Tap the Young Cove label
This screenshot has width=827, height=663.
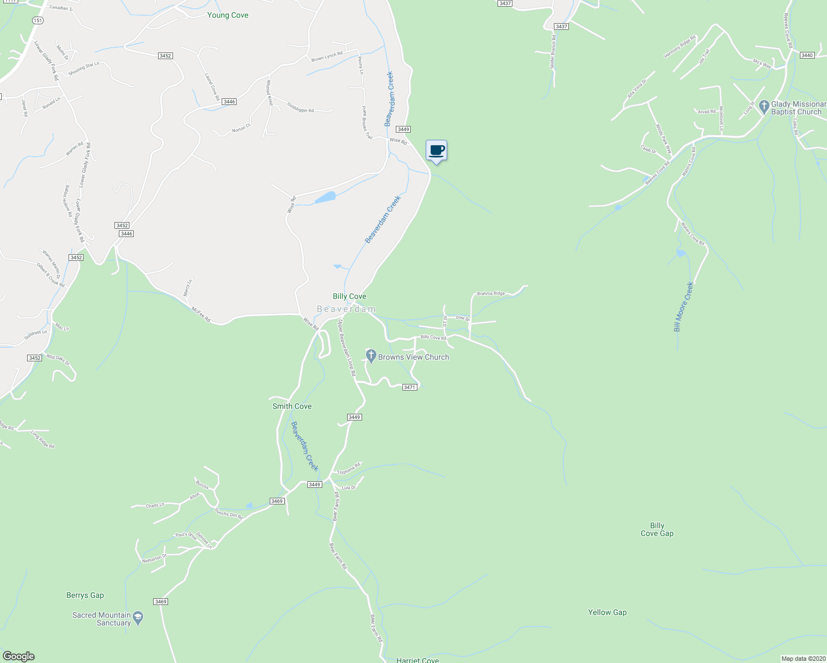[227, 15]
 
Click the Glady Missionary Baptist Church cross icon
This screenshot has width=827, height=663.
[764, 106]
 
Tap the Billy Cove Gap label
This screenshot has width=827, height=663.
[657, 529]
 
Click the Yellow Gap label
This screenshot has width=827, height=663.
[607, 612]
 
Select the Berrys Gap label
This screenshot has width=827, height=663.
[85, 595]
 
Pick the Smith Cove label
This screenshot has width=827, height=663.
[292, 406]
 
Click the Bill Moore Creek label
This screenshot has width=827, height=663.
[683, 307]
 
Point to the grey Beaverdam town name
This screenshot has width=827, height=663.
[347, 309]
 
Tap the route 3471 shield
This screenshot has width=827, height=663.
[409, 387]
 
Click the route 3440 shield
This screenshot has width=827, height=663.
[807, 55]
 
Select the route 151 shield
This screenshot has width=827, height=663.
[38, 20]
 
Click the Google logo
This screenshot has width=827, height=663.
[18, 656]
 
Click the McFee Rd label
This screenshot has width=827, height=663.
[201, 315]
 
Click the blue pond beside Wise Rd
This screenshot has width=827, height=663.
[326, 197]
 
